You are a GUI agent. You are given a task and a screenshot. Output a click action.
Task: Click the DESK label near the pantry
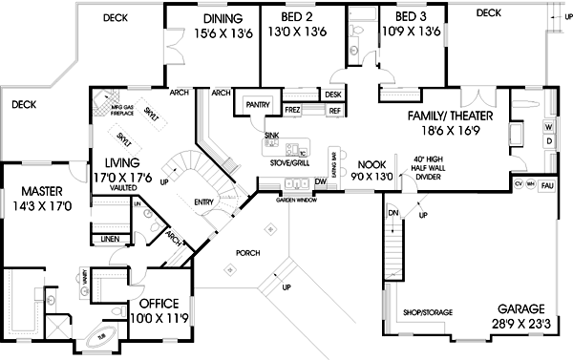tap(332, 95)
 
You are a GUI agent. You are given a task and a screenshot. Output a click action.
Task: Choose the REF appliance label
tap(334, 111)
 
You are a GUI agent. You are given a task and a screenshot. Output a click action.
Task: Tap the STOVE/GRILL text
tap(289, 162)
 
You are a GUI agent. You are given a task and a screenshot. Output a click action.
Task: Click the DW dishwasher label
tap(321, 180)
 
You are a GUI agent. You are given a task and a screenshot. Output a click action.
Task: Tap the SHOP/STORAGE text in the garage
tap(427, 312)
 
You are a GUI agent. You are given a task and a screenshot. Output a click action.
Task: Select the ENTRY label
tap(204, 201)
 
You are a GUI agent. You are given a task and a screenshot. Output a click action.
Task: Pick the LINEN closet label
tap(110, 237)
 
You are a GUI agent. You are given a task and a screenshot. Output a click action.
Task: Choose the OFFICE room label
tap(152, 291)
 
